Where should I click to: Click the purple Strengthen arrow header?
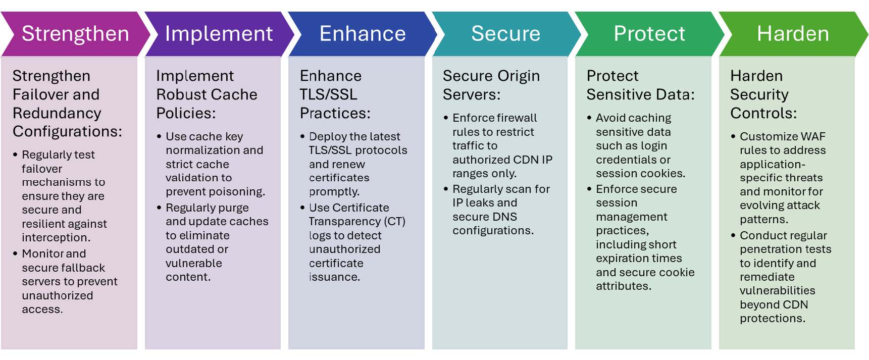75,34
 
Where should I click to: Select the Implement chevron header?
219,34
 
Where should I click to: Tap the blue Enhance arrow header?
362,34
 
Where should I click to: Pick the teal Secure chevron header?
505,34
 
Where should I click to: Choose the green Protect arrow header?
649,34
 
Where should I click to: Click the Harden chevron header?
792,34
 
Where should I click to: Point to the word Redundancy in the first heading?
57,113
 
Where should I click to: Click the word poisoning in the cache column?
237,192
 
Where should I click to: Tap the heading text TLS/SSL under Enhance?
328,94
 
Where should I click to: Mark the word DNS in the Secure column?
505,217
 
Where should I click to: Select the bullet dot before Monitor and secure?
15,253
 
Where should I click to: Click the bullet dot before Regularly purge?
159,208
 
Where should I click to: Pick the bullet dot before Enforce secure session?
589,189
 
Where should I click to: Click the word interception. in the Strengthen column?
56,238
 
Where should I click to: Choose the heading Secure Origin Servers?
491,85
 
